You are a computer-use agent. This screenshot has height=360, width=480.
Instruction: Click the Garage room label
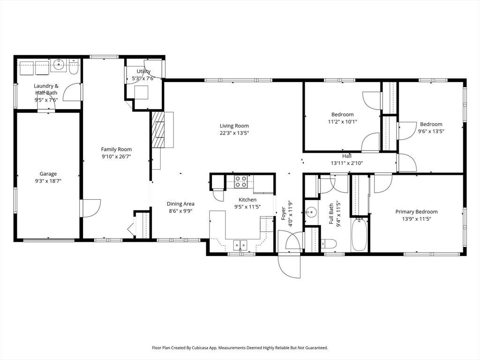(48, 174)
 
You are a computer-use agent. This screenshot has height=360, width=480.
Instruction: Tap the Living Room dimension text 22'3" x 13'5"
(234, 133)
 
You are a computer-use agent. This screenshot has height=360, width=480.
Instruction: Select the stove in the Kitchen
(240, 181)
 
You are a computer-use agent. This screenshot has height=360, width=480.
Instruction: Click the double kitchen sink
(240, 245)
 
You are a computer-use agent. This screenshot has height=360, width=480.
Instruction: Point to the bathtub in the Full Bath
(360, 235)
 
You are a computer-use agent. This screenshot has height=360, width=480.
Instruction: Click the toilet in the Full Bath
(329, 244)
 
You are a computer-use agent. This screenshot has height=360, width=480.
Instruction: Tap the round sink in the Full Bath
(311, 211)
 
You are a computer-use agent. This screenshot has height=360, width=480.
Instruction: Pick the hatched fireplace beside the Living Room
(158, 130)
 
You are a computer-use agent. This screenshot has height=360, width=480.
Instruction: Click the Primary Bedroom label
(416, 211)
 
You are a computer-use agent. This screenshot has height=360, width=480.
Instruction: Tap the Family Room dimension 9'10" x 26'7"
(116, 157)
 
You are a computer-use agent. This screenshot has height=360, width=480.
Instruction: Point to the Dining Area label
(180, 203)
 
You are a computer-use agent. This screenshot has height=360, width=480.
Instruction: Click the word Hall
(347, 156)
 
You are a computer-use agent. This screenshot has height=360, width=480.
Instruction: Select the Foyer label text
(284, 214)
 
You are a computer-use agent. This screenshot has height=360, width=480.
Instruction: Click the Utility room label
(143, 71)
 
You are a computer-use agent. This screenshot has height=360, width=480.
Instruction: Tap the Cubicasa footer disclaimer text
(240, 348)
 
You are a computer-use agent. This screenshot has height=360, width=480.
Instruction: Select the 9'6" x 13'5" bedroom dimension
(431, 131)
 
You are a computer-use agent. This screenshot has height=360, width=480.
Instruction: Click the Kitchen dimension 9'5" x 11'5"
(247, 207)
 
